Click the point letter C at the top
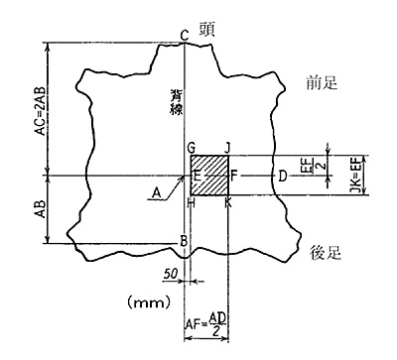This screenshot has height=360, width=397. pyautogui.click(x=184, y=37)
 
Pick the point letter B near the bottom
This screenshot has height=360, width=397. pyautogui.click(x=183, y=241)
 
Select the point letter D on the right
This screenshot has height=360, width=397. pyautogui.click(x=282, y=177)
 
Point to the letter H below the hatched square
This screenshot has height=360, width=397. pyautogui.click(x=190, y=202)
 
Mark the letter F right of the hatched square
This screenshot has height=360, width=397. pyautogui.click(x=234, y=176)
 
